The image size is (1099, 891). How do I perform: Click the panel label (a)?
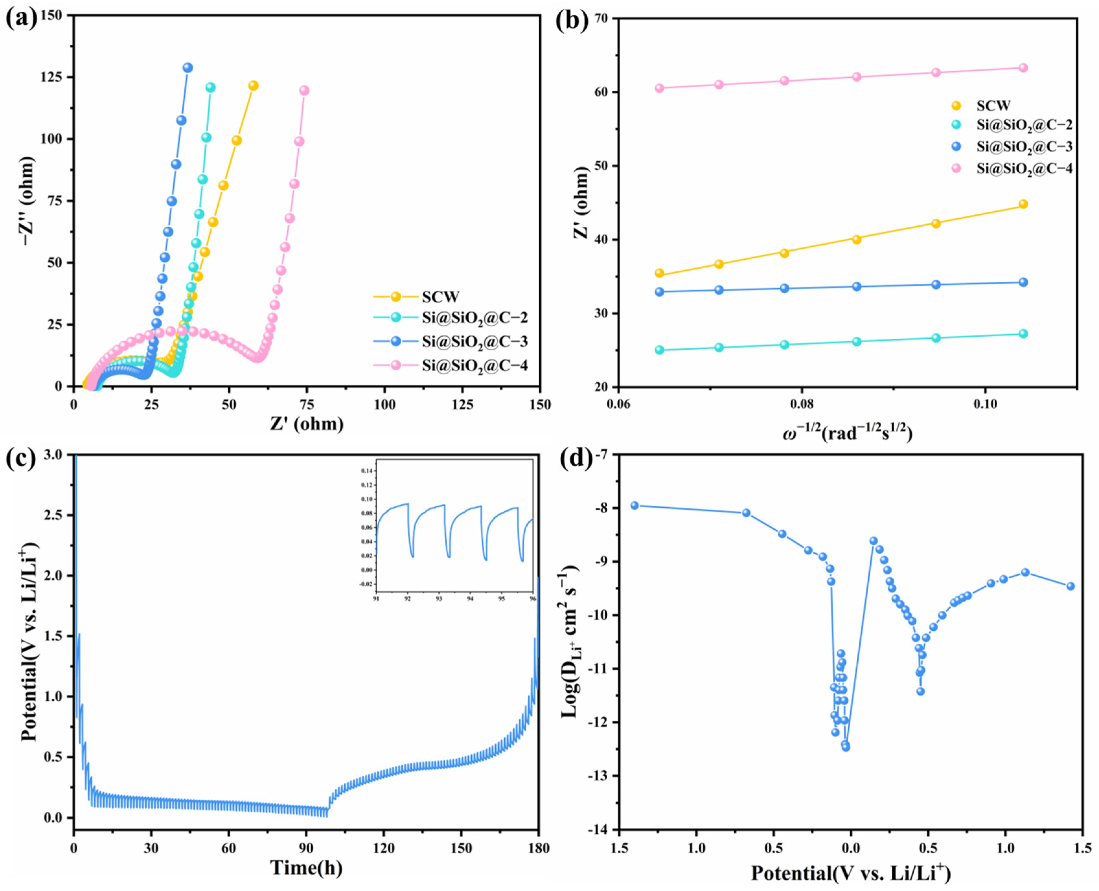click(22, 19)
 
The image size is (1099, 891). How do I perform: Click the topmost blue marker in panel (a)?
click(188, 68)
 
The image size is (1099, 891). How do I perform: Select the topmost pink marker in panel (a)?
click(304, 90)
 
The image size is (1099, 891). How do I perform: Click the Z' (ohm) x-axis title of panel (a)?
click(307, 424)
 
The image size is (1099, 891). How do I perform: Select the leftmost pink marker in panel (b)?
click(659, 88)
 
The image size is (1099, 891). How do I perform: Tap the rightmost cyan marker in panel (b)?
click(1023, 333)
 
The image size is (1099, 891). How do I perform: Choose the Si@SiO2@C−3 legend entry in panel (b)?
click(1025, 147)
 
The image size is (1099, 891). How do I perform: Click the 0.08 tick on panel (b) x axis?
click(801, 404)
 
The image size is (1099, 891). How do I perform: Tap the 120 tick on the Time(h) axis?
click(384, 848)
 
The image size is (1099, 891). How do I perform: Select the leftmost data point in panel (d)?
click(634, 505)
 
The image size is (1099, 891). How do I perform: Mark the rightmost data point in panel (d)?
click(1071, 586)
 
